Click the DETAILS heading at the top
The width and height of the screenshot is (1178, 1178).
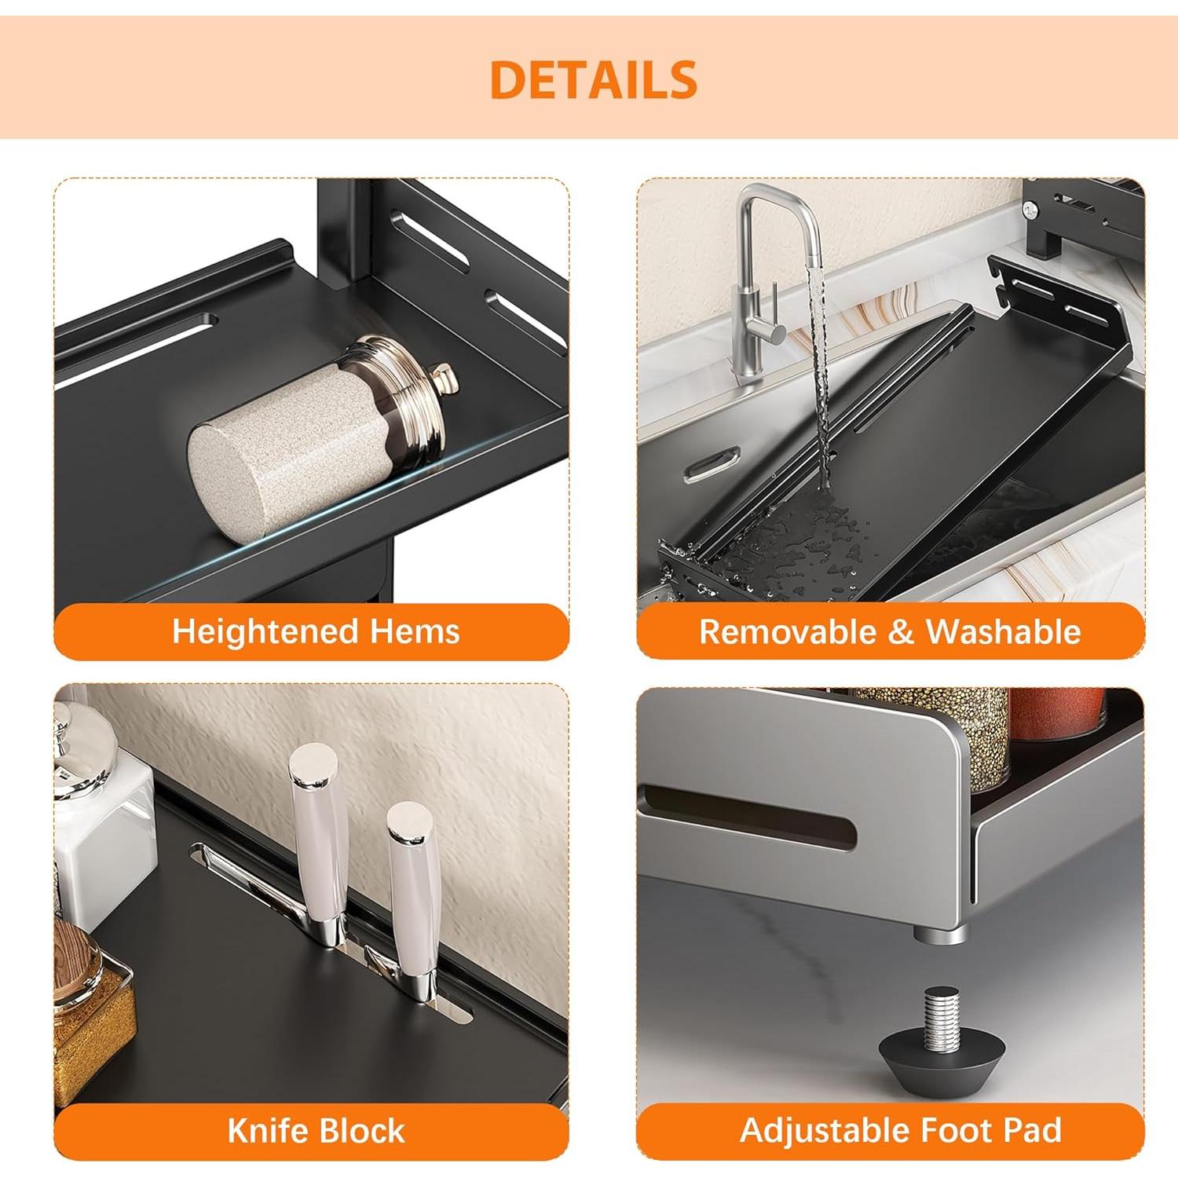(x=593, y=79)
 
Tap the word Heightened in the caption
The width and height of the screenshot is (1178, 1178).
(x=264, y=631)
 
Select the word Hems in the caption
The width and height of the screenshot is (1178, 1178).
(x=415, y=631)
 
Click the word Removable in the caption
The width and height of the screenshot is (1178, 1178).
(x=788, y=632)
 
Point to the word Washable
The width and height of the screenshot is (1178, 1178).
(x=1003, y=632)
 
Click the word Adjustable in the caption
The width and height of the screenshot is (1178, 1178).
(x=825, y=1131)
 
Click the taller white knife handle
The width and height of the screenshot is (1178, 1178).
(x=318, y=832)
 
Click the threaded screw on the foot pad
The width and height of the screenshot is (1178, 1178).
(x=941, y=1017)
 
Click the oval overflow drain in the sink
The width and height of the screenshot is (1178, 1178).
(x=712, y=463)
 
